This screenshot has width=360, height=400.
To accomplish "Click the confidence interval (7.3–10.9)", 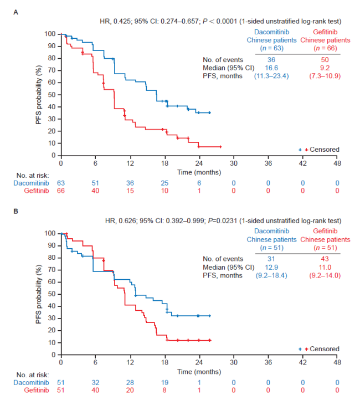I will (325, 76).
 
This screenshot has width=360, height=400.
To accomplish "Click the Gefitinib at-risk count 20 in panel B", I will (130, 389).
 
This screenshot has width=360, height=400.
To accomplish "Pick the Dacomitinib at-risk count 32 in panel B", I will (95, 382).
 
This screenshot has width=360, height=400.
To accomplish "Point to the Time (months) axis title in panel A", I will (199, 172).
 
